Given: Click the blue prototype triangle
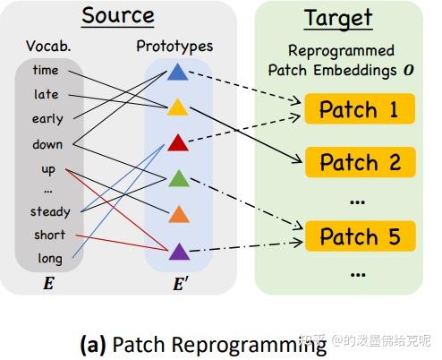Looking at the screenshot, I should (178, 73).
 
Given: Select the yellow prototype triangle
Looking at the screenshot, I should (178, 107).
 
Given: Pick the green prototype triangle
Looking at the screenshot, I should (178, 178).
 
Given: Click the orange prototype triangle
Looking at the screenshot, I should (178, 214).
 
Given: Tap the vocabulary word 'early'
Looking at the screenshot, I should (47, 118).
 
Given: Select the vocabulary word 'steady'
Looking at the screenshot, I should (49, 212).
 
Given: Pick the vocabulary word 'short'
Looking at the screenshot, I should (49, 235).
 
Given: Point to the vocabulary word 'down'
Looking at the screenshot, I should (47, 143).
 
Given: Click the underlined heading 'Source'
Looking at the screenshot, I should (118, 16).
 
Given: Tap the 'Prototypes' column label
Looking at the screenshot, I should (174, 45).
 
